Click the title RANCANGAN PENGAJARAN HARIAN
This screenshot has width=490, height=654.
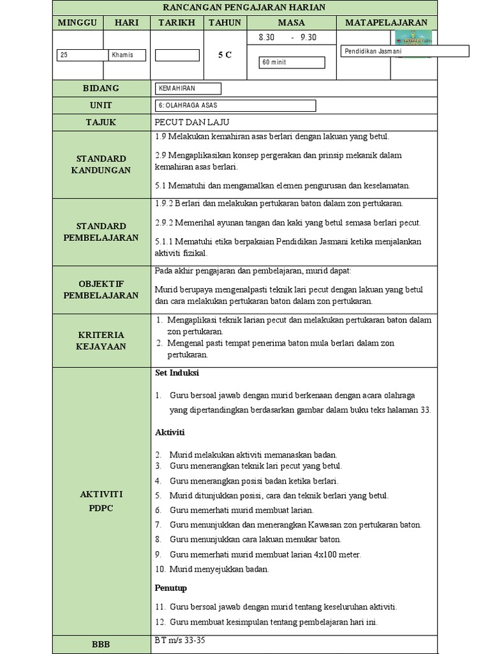(244, 8)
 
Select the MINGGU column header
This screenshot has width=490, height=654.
(77, 23)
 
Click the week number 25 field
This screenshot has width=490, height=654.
(82, 55)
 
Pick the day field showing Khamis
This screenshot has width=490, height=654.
(127, 55)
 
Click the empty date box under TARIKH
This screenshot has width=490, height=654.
(177, 55)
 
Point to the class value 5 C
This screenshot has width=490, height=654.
(225, 55)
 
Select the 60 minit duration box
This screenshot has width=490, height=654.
(292, 62)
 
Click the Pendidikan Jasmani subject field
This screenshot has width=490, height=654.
(405, 51)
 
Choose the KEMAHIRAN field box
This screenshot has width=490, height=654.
(188, 89)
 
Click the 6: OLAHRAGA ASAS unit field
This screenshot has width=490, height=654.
(235, 105)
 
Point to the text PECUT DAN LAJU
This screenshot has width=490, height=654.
(191, 122)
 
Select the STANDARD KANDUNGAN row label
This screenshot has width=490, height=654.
(101, 164)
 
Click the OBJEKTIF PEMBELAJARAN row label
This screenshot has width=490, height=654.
(101, 289)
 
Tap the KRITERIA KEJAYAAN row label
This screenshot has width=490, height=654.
(101, 340)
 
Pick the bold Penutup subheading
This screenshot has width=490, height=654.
(171, 588)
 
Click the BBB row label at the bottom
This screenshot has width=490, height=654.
(101, 645)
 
